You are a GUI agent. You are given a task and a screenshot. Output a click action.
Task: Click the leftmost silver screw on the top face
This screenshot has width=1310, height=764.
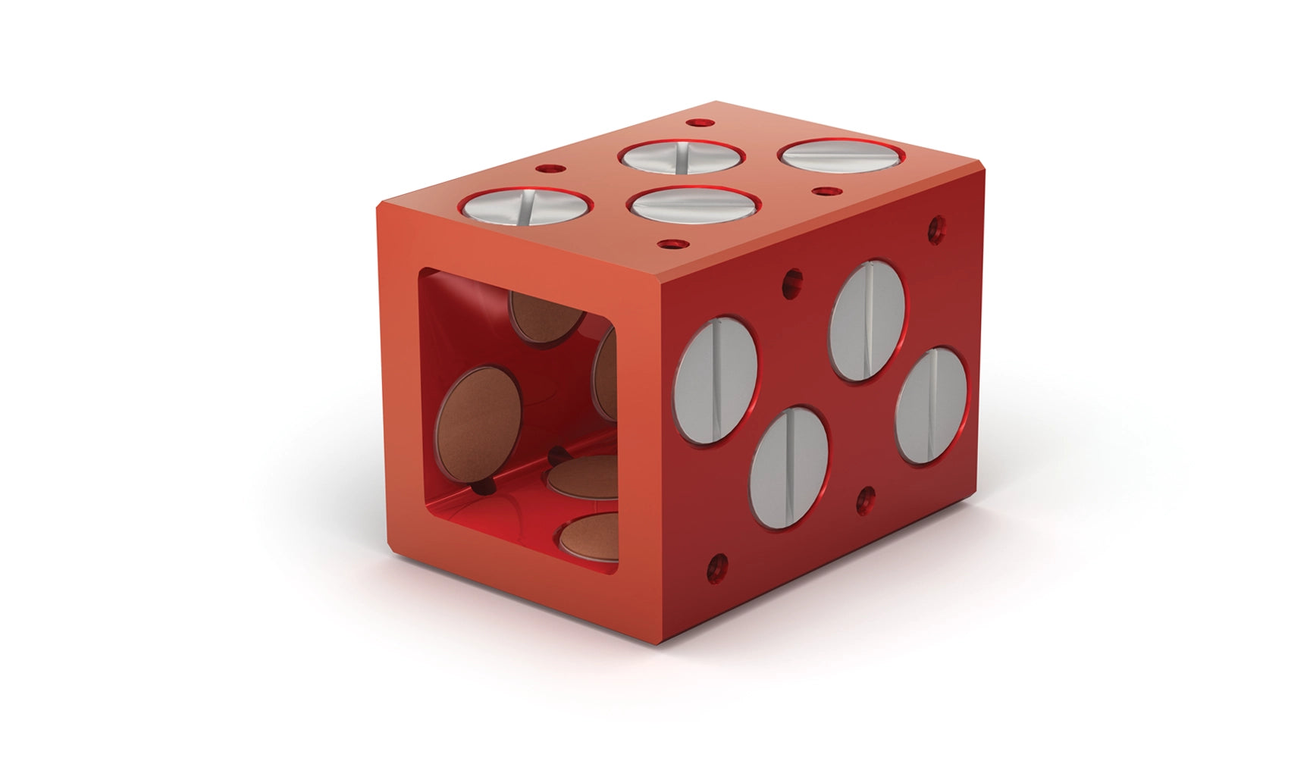click(527, 207)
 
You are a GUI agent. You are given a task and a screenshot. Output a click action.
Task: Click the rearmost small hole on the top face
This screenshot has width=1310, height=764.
click(694, 122)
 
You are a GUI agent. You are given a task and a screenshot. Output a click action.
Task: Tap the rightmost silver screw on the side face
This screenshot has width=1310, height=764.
click(931, 405)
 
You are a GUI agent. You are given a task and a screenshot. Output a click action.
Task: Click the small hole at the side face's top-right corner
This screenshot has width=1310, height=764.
click(936, 225)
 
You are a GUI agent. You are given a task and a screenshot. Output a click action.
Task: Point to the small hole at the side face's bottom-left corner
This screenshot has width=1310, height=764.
click(716, 565)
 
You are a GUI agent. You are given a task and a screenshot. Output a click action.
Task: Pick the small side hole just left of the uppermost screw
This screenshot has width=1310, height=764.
click(793, 281)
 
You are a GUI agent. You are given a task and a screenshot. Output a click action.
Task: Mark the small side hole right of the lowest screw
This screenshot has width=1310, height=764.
click(866, 499)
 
